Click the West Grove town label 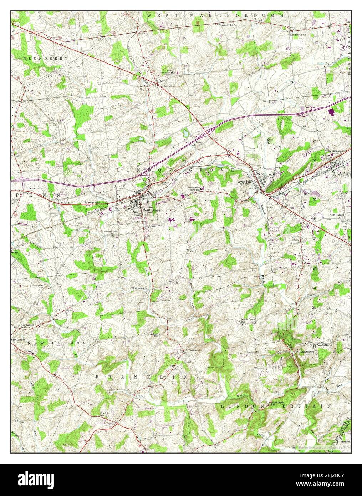tap(152, 210)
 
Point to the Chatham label tap(168, 86)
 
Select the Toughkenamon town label tap(335, 151)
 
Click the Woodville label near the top tap(227, 25)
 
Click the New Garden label tap(336, 215)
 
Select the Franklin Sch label tap(104, 414)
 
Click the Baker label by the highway tap(198, 142)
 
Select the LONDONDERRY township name tap(40, 58)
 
